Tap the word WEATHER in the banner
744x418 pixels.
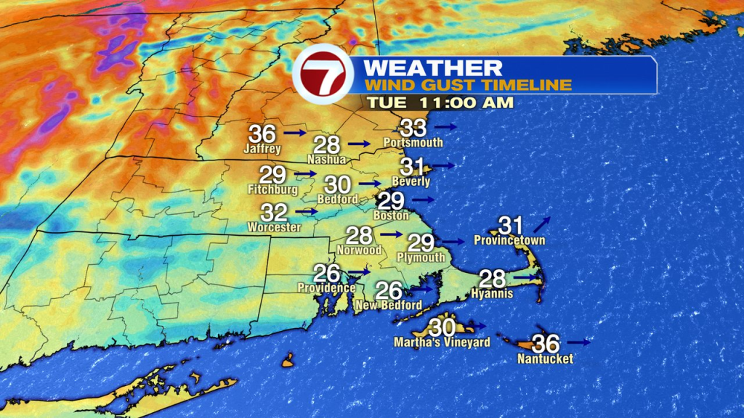pos(432,68)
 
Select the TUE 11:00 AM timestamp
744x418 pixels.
pos(440,102)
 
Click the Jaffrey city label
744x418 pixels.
pos(262,149)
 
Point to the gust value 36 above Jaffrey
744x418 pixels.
pos(262,134)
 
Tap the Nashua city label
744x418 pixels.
pos(326,159)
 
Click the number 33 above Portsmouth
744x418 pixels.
pos(413,128)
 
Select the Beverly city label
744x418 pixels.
pos(411,181)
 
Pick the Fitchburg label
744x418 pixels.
pos(272,189)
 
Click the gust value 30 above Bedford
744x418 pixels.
pos(338,185)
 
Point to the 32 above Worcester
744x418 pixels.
pos(275,213)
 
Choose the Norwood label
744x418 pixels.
pos(359,250)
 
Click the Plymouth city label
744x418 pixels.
pos(421,258)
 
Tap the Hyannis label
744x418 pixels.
pos(492,293)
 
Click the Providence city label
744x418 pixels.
pos(326,287)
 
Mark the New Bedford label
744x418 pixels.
pos(388,306)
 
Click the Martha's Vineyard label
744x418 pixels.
pos(442,342)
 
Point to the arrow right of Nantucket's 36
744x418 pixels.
pos(579,342)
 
